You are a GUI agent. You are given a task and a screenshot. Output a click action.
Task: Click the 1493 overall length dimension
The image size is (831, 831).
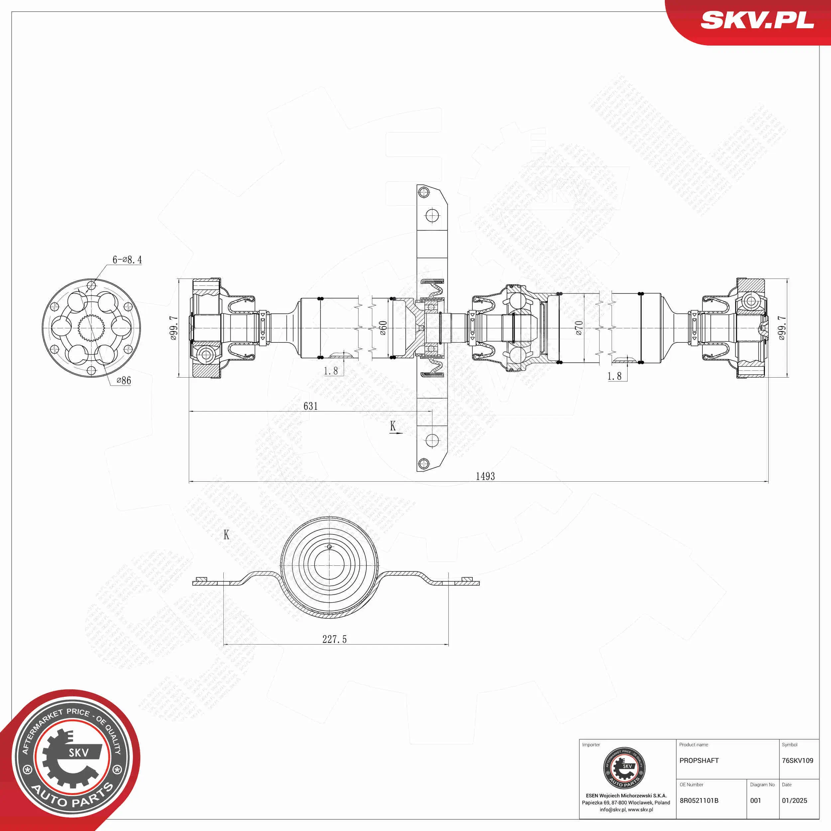(x=485, y=476)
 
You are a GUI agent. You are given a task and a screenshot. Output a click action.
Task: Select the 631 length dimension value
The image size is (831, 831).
(x=310, y=406)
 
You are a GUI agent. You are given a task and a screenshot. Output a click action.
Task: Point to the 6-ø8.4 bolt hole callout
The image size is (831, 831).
(x=127, y=260)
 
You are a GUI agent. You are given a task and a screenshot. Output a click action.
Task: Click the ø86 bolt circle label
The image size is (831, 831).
(x=124, y=380)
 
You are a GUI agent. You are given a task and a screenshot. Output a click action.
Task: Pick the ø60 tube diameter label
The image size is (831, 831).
(x=383, y=328)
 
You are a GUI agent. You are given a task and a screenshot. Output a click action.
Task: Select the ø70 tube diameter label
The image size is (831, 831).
(x=579, y=328)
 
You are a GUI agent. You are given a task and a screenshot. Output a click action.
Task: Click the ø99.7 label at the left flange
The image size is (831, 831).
(x=173, y=328)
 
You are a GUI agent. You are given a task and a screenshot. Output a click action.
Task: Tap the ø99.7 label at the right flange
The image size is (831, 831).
(x=782, y=328)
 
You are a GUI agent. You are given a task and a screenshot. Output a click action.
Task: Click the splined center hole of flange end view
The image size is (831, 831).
(x=91, y=328)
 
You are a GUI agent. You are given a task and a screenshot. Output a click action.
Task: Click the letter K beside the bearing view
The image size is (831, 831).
(x=226, y=535)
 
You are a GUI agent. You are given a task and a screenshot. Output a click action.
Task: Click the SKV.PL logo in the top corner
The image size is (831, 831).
(x=757, y=21)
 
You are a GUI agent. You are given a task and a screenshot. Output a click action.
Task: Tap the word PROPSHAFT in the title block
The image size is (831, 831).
(x=699, y=761)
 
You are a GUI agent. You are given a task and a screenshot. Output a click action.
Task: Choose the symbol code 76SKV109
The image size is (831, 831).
(x=797, y=761)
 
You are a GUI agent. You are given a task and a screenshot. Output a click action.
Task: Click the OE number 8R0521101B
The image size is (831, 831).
(x=699, y=800)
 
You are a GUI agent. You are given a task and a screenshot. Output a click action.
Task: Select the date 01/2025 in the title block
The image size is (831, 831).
(x=794, y=800)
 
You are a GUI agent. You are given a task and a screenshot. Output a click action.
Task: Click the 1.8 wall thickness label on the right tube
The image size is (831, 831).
(x=614, y=376)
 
